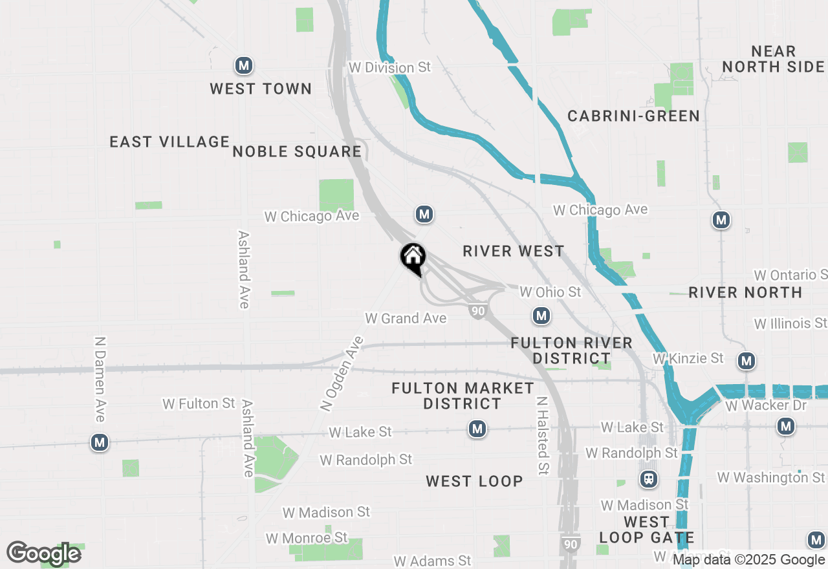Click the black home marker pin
[413, 258]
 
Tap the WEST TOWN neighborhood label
[261, 89]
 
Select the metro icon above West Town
[243, 65]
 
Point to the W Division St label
[389, 67]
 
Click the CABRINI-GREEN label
[633, 116]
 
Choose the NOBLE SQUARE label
[297, 151]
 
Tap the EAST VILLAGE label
[169, 142]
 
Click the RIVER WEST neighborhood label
[514, 251]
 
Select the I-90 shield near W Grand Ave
[478, 311]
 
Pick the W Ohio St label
[550, 292]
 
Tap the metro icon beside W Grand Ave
[541, 316]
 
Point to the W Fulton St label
[199, 403]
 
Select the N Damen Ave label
[100, 379]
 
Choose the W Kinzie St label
[688, 358]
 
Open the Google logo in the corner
[43, 553]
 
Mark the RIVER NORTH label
[745, 292]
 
